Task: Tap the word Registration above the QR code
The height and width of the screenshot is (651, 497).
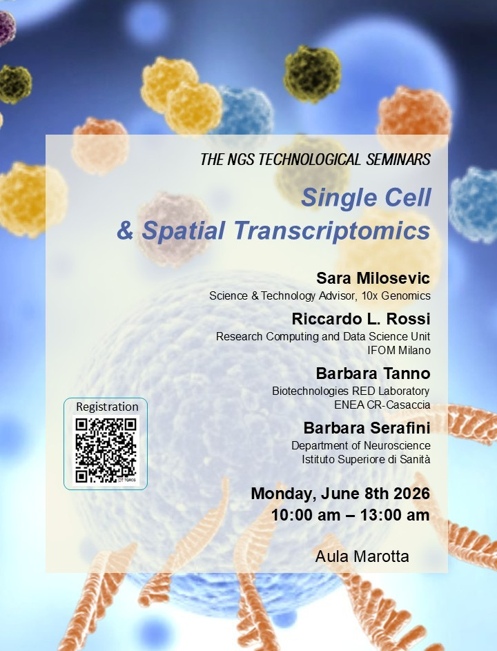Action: pos(107,407)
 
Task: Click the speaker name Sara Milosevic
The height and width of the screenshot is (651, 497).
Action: pos(373,278)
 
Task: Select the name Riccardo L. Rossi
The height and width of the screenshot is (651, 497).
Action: pos(361,319)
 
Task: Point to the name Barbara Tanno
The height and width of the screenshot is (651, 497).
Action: pos(373,373)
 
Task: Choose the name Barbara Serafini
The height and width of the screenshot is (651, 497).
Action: pos(367,427)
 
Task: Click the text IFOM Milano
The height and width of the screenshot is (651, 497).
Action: pos(398,351)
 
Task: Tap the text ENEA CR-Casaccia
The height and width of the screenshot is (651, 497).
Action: pos(382,405)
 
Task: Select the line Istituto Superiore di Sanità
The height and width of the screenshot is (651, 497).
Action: pos(366,459)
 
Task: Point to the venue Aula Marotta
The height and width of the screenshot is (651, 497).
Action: pos(362,556)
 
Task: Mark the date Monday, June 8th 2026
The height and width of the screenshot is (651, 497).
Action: pos(340,494)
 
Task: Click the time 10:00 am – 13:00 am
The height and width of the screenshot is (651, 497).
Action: pos(351,515)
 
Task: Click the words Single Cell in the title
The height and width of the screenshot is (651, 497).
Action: pos(366,197)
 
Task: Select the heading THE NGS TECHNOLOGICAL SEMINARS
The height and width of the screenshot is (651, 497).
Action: pos(315,159)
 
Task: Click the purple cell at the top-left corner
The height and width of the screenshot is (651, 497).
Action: pos(6,28)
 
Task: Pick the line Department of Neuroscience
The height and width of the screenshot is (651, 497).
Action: pos(361,445)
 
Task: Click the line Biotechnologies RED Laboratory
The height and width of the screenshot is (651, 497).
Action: pos(351,391)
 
